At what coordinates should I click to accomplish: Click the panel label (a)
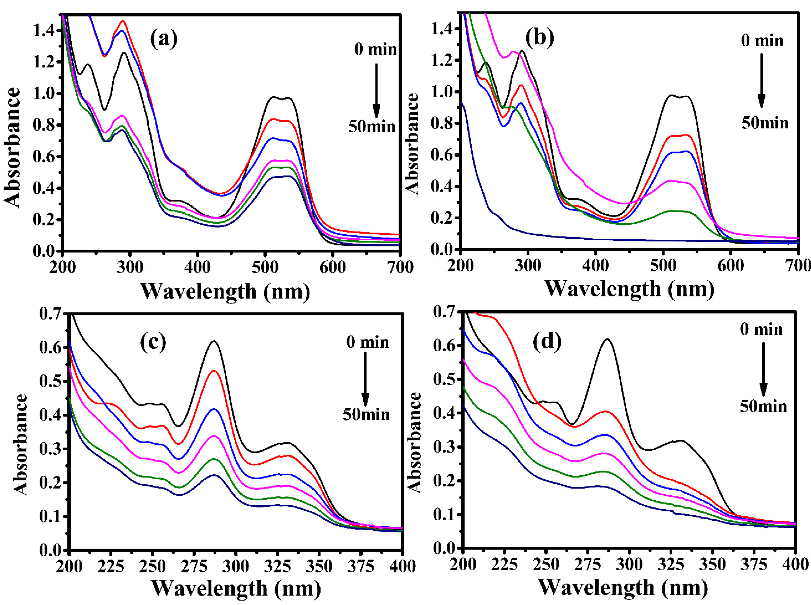163,40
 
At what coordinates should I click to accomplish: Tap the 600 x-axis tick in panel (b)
730,266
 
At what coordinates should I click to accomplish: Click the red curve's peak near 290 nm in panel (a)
123,21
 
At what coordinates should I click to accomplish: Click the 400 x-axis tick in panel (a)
197,267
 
